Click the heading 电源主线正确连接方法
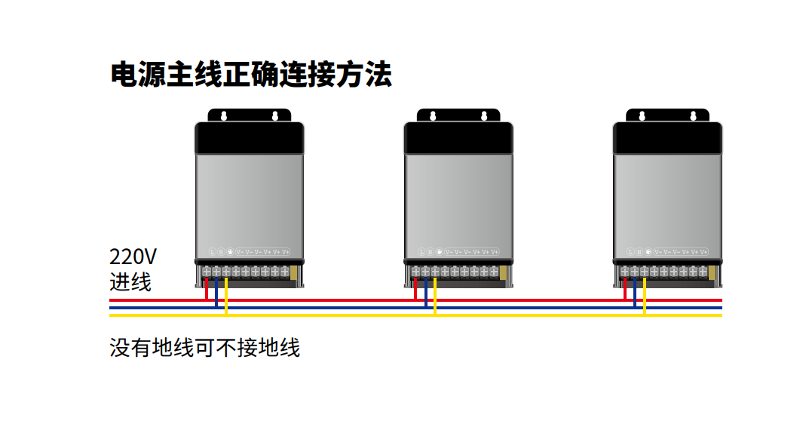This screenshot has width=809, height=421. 251,75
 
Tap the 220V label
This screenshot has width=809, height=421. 133,256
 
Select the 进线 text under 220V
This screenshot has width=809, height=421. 130,282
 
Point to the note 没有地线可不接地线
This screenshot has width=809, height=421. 205,348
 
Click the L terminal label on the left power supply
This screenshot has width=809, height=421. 212,251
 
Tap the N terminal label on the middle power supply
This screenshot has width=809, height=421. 430,251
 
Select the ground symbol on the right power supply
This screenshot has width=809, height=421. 648,251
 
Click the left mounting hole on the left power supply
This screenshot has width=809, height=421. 223,115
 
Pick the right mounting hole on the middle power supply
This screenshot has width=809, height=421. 484,115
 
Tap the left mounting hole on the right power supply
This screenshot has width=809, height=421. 642,115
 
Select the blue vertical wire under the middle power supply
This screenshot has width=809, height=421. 425,293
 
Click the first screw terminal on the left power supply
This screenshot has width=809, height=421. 207,271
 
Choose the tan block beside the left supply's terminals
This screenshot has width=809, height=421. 295,271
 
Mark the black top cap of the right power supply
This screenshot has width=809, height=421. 668,138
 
